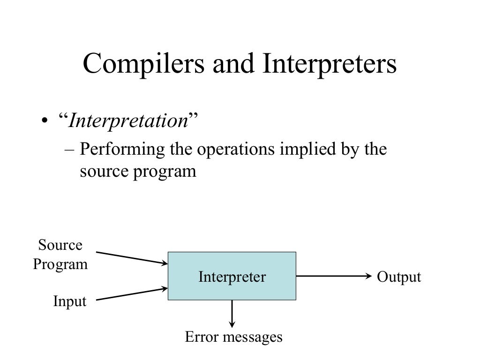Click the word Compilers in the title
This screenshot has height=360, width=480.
[x=143, y=65]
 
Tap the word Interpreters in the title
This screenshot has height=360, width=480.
[x=330, y=65]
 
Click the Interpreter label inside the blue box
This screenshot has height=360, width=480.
[x=232, y=277]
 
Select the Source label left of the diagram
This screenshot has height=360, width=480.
[x=60, y=245]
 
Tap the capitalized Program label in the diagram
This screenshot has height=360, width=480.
[x=60, y=264]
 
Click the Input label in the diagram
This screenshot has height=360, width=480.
[x=70, y=301]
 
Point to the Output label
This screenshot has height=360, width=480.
[x=399, y=277]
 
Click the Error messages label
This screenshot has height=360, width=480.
[x=233, y=337]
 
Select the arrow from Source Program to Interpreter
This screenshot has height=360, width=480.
[x=132, y=258]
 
